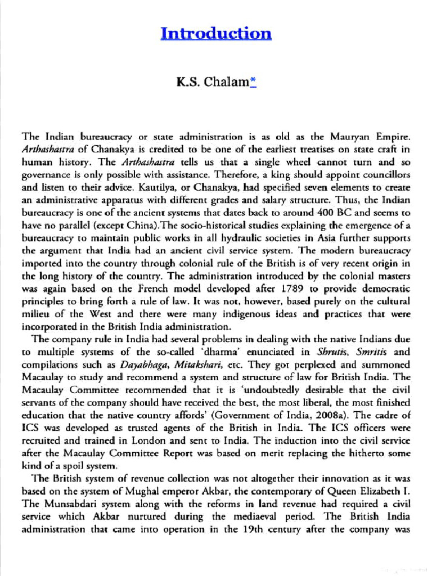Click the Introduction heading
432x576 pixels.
(x=216, y=33)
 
